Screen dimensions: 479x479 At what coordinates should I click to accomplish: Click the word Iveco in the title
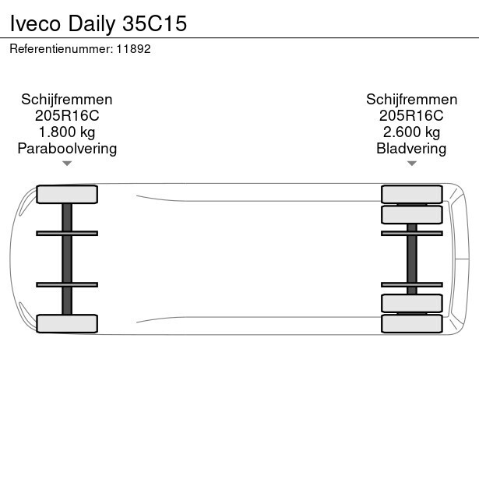(35, 23)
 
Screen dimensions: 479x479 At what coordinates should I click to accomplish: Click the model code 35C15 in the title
(154, 23)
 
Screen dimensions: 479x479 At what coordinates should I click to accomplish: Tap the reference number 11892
(133, 49)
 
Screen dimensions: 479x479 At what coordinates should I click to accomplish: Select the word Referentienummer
(61, 49)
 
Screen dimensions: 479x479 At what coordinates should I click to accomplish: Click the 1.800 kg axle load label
(67, 132)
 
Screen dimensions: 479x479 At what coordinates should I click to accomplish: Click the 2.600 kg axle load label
(412, 132)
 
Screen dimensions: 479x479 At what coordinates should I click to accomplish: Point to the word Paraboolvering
(67, 149)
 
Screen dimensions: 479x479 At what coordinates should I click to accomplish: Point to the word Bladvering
(411, 149)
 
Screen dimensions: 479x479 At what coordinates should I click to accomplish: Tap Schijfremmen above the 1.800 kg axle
(67, 100)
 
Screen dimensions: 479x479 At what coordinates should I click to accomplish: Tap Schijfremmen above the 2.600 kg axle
(412, 100)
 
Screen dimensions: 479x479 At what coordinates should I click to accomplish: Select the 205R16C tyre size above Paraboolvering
(67, 116)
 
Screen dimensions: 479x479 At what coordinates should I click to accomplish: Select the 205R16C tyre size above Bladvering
(411, 116)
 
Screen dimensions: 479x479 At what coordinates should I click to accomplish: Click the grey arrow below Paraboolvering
(67, 164)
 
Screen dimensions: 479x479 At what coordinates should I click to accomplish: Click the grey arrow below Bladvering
(412, 164)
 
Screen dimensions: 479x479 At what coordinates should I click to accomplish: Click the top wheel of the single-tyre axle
(67, 194)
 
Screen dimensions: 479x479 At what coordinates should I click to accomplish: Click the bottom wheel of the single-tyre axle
(67, 323)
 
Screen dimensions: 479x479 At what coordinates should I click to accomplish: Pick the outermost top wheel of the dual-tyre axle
(412, 194)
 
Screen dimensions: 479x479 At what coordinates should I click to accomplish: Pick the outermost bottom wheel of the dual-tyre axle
(412, 323)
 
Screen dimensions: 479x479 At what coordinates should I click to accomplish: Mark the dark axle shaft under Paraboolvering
(67, 259)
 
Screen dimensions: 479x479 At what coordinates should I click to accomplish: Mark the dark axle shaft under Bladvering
(412, 259)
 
